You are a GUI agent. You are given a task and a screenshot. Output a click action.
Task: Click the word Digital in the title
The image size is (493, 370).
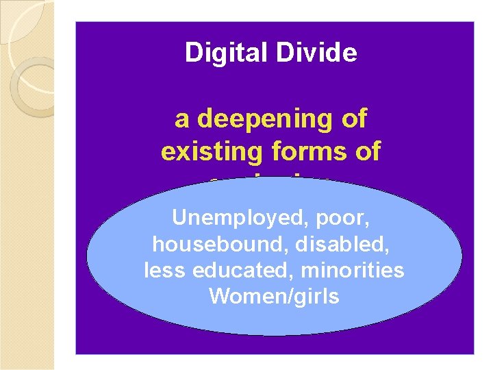click(x=218, y=53)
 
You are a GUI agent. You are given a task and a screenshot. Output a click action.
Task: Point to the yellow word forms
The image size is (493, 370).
click(x=299, y=151)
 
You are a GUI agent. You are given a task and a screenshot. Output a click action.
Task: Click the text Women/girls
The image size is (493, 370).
click(x=274, y=297)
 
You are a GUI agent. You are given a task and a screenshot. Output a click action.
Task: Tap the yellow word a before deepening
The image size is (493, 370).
click(x=182, y=120)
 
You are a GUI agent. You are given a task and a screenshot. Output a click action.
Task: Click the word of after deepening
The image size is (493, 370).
click(x=354, y=120)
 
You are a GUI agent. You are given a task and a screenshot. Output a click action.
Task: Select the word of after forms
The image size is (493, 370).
click(x=366, y=151)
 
